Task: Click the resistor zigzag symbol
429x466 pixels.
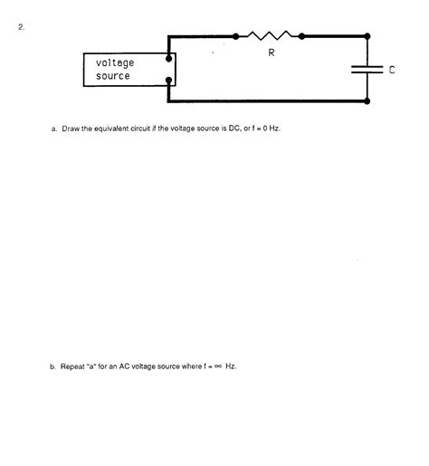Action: click(x=269, y=36)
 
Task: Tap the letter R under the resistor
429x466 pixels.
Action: click(x=271, y=53)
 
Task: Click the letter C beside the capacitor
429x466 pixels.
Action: click(x=392, y=70)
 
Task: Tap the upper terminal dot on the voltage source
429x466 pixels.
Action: click(x=170, y=60)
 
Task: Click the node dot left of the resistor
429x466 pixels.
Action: click(x=236, y=37)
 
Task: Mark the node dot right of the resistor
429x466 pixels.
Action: click(x=301, y=37)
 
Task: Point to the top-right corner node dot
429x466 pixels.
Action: click(x=367, y=37)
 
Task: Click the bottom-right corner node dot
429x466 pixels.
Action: click(x=367, y=101)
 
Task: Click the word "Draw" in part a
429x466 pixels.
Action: click(x=72, y=128)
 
